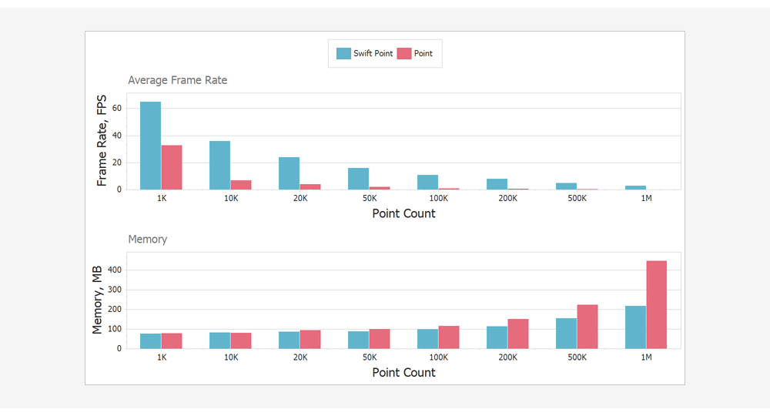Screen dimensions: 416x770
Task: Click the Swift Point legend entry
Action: click(x=365, y=54)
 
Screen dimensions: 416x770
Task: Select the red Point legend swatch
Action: click(x=404, y=54)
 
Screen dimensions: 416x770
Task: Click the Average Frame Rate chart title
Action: click(x=177, y=80)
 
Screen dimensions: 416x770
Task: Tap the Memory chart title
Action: click(x=147, y=240)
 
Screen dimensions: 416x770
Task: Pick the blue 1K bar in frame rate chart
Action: click(x=150, y=146)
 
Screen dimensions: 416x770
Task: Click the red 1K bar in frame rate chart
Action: click(x=172, y=167)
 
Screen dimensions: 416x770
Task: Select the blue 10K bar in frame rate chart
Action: click(x=219, y=165)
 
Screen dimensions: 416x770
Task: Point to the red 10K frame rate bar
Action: click(x=241, y=185)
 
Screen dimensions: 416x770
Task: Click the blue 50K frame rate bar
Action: click(x=358, y=179)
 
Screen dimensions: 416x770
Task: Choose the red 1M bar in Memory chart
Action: click(x=656, y=304)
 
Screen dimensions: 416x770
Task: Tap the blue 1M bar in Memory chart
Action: click(x=635, y=327)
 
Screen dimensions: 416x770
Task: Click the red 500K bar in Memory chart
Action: click(x=587, y=327)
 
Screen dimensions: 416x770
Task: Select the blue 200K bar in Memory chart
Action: click(x=497, y=337)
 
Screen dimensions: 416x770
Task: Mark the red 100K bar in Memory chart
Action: click(x=448, y=337)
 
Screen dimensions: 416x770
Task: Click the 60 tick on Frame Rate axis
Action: click(x=117, y=109)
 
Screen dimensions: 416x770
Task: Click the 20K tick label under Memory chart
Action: click(x=300, y=357)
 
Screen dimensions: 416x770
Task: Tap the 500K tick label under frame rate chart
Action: click(x=577, y=199)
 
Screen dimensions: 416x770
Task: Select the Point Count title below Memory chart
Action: click(x=403, y=373)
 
